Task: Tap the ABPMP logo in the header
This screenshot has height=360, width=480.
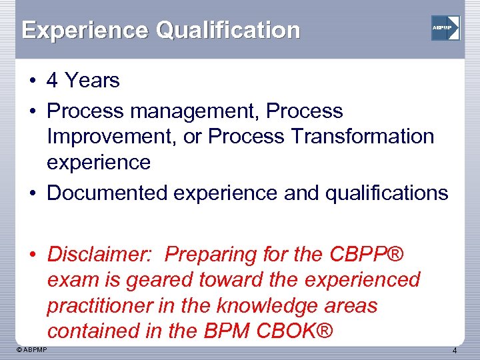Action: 445,28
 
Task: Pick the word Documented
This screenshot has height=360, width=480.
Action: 107,193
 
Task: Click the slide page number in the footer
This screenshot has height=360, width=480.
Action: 454,351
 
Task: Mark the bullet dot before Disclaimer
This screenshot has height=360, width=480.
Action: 31,255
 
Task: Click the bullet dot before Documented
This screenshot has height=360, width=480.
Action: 31,193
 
